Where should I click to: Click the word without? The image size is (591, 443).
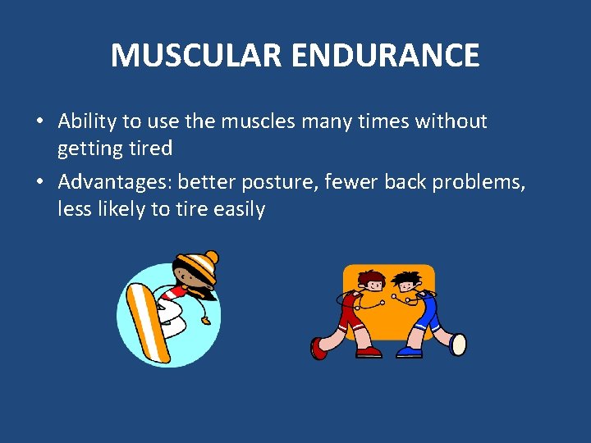point(451,122)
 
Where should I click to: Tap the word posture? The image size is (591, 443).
point(277,181)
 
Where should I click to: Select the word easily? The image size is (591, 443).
point(240,209)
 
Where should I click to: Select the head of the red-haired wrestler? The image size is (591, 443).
point(372,281)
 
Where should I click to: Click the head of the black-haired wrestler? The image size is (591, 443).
point(404,282)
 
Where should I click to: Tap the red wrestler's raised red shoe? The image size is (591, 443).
point(318,349)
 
